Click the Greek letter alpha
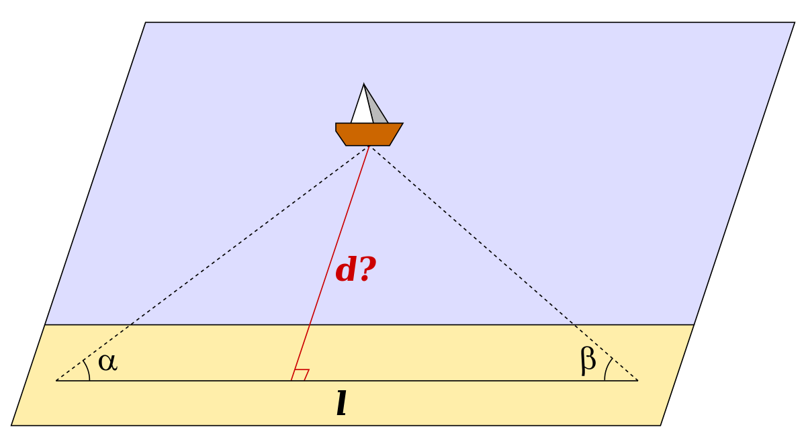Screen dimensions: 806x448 [107, 362]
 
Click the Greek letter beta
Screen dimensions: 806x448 [588, 361]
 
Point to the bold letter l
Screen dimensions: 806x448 [341, 403]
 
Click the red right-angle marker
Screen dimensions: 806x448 [301, 374]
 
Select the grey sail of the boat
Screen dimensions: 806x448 [376, 107]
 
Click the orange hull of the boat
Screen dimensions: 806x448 [369, 134]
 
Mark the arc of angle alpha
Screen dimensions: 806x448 [88, 369]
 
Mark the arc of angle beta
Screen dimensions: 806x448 [607, 368]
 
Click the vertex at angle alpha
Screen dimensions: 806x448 [56, 380]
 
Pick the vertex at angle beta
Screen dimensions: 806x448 [638, 380]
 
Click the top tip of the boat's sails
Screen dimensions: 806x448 [364, 84]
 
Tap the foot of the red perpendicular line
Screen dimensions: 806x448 [292, 380]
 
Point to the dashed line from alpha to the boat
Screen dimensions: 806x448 [212, 263]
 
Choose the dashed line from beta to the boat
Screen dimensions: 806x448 [504, 263]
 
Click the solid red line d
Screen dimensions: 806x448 [330, 263]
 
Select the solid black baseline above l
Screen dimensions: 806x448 [347, 380]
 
